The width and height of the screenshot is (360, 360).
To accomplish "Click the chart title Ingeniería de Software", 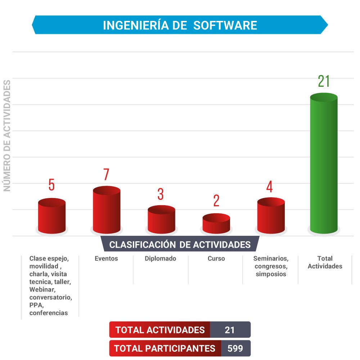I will coord(180,25).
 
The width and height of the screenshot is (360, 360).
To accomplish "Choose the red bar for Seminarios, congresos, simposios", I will coord(271,216).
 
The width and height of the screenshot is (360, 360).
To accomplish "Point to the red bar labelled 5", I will coord(52,216).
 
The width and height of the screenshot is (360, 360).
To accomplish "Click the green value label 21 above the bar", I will coord(324,82).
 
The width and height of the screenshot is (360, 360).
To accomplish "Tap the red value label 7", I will coord(106,175).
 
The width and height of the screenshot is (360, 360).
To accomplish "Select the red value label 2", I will coord(216,201).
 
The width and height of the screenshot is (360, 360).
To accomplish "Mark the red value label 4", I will coord(269,187).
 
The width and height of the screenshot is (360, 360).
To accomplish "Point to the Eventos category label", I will coord(106,258).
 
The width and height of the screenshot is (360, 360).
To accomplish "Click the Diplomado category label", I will coord(161,258).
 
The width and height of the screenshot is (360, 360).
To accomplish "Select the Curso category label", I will coord(216,258).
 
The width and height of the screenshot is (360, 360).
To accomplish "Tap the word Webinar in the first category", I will coord(42,290).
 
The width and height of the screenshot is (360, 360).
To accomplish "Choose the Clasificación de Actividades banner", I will coord(180,245).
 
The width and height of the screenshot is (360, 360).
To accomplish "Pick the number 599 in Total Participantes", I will coord(235,348).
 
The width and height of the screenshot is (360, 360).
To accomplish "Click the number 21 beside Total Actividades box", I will coord(230,330).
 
